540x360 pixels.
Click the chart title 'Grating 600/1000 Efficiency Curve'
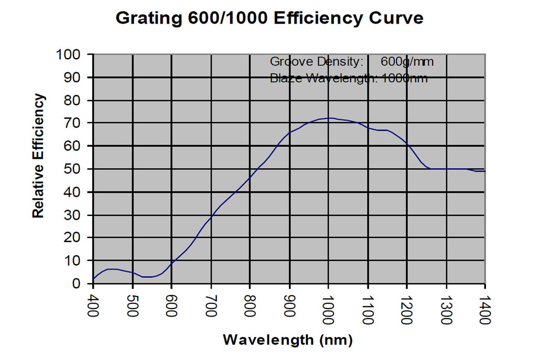[x=269, y=18]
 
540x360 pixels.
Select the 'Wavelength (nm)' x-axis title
[x=288, y=340]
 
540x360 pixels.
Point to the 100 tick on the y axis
[x=73, y=54]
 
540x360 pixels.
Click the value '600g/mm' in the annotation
[x=407, y=62]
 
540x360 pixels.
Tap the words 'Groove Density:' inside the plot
[x=317, y=62]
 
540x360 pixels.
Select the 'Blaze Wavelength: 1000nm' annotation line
[x=349, y=79]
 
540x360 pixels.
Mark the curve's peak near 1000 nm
[x=330, y=118]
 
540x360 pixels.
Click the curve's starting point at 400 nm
[x=93, y=279]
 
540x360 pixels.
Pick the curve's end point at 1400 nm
[x=485, y=171]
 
